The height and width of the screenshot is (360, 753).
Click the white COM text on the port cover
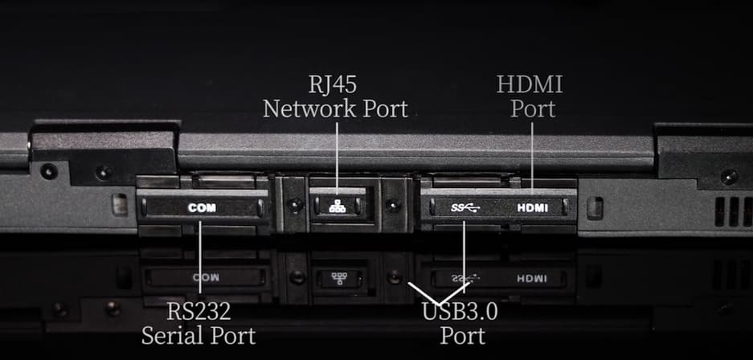point(203,208)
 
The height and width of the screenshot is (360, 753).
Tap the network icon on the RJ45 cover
point(337,206)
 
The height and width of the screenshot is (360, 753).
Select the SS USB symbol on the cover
point(464,208)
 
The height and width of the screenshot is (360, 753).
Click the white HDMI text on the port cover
point(533,208)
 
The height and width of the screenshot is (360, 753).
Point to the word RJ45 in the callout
point(333,85)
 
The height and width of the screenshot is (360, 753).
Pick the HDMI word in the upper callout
point(530,85)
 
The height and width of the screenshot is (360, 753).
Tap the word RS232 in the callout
point(198,313)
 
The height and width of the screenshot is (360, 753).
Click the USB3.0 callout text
point(460,313)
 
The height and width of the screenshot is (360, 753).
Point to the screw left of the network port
point(295,206)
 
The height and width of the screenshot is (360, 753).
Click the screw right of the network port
point(393,206)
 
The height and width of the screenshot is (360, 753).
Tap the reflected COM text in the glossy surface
point(206,277)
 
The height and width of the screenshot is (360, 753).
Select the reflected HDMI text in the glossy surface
point(532,278)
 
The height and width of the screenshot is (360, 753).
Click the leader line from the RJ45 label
point(337,158)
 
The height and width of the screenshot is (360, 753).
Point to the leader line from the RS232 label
point(200,257)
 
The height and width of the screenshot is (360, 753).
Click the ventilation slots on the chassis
point(733,211)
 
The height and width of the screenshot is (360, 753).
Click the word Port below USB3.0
point(462,336)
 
